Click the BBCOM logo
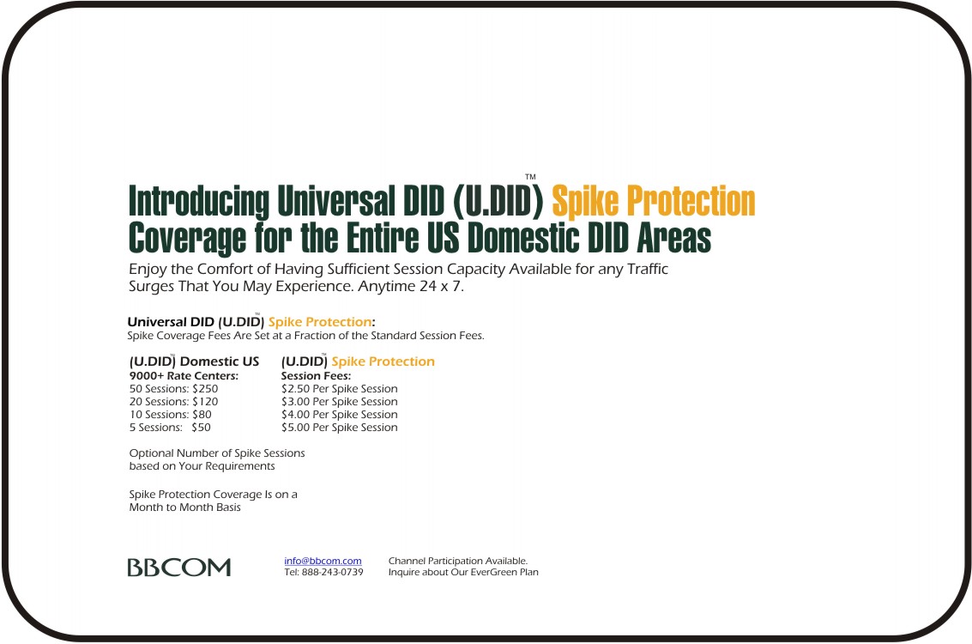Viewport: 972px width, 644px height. pos(179,567)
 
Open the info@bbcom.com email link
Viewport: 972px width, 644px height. pos(323,561)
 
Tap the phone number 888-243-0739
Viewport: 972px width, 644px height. pos(332,572)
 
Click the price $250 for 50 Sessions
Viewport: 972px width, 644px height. pos(205,389)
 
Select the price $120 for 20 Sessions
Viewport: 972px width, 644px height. pos(205,402)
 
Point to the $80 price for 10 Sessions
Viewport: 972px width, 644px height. pos(202,415)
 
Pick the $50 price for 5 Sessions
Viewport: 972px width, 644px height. pos(201,428)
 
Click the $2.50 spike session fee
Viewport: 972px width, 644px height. pos(295,389)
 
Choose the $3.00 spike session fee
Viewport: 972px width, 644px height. pos(295,402)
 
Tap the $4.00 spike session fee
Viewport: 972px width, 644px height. pos(295,415)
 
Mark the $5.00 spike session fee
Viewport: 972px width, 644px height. pos(295,428)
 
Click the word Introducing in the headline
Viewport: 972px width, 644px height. pos(199,203)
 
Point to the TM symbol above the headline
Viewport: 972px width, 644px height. pos(531,177)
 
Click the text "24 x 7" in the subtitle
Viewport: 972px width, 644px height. pos(441,287)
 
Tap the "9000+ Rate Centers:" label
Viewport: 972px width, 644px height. pos(184,376)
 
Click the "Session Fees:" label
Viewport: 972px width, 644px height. pos(317,376)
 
